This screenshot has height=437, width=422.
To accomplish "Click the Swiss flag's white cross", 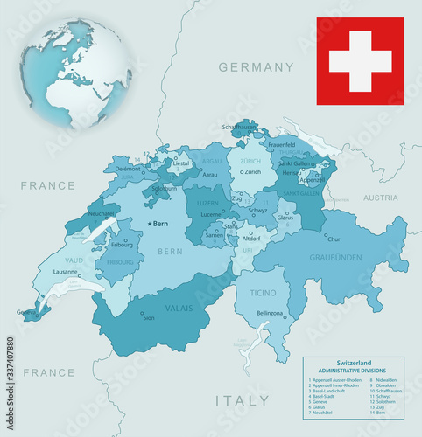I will tap(360, 60).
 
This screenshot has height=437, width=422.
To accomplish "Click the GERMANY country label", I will tap(256, 67).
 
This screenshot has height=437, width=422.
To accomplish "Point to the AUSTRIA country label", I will tap(381, 198).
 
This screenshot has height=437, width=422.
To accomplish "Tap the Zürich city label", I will tap(253, 172).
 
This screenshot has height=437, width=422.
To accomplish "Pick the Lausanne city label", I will tap(66, 272).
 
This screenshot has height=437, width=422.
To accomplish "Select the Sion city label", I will tap(149, 318).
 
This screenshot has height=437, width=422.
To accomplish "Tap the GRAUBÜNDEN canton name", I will tap(335, 258).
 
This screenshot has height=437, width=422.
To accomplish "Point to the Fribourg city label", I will tap(123, 246).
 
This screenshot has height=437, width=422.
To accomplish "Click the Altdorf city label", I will tap(251, 239).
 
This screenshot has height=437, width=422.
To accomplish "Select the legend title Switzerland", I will tap(353, 363).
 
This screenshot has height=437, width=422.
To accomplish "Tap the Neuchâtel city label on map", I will tap(102, 213).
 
